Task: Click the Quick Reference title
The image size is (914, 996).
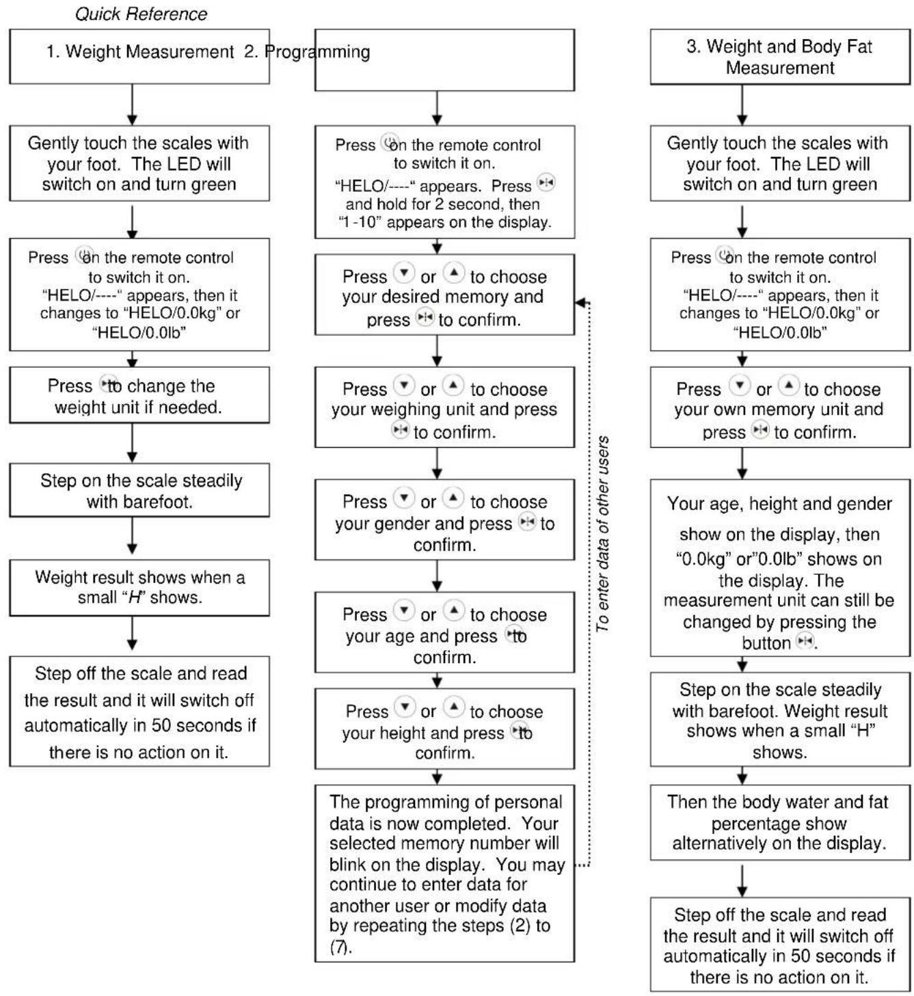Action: [x=141, y=14]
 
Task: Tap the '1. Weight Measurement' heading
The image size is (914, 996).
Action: [x=139, y=51]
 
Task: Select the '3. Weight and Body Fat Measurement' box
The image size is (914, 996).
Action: [x=780, y=57]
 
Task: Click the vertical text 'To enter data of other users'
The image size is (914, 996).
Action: [x=602, y=535]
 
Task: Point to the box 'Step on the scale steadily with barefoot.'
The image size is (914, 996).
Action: [x=139, y=490]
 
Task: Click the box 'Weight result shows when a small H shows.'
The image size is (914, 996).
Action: [x=139, y=588]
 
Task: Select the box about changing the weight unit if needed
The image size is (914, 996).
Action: [x=139, y=395]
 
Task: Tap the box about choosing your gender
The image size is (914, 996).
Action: [x=444, y=520]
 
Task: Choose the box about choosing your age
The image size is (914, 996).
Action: [x=444, y=632]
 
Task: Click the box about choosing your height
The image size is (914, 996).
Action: [x=444, y=729]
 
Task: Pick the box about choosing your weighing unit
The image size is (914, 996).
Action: [x=444, y=407]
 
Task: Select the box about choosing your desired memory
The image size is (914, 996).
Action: [x=444, y=295]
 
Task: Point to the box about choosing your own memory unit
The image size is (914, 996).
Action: [x=780, y=407]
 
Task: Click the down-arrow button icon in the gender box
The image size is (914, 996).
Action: [x=404, y=498]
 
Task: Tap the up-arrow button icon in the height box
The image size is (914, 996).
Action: [x=453, y=707]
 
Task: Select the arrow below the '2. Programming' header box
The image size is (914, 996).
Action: [x=437, y=108]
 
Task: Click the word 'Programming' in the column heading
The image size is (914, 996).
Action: [x=317, y=52]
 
